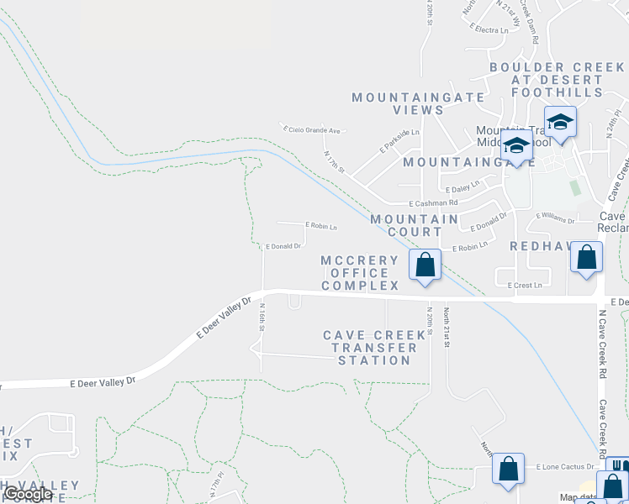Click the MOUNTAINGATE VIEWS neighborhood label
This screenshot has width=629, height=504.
coord(398,103)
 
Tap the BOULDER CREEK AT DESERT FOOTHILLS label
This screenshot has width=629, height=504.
coord(558,80)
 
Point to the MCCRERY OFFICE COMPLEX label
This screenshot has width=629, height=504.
coord(360,273)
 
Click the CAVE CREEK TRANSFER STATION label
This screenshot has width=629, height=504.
coord(375,348)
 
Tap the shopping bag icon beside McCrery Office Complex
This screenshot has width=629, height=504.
coord(426,265)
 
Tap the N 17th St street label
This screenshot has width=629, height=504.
coord(335,160)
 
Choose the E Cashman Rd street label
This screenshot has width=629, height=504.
coord(433,203)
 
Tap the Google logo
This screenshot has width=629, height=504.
coord(27,494)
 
